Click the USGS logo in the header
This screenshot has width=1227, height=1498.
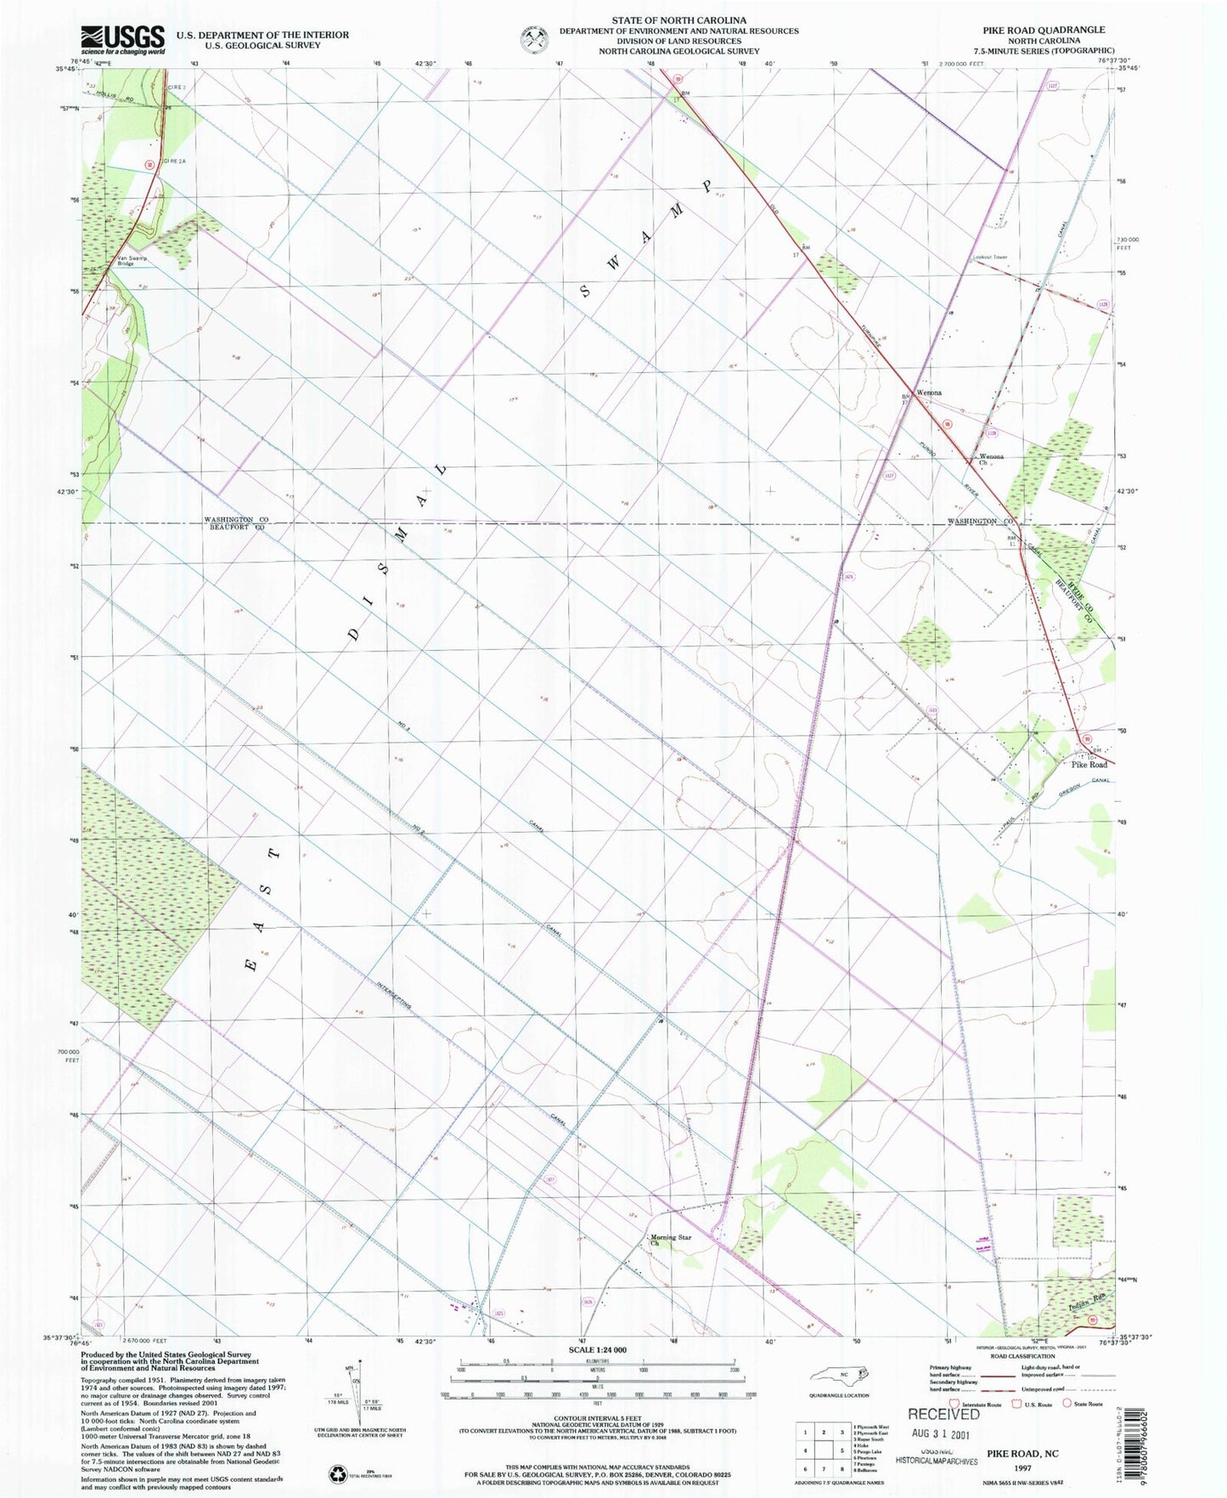(x=123, y=39)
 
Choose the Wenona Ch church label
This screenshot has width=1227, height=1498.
(x=990, y=459)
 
